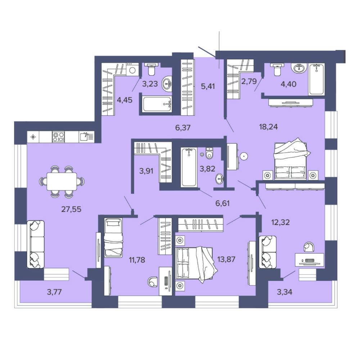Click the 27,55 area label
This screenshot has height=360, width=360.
click(x=71, y=210)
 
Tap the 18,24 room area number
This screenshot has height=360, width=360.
click(x=269, y=127)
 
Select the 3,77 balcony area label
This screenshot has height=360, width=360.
click(x=54, y=292)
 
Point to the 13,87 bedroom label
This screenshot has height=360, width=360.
click(x=226, y=260)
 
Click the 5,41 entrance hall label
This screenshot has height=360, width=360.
click(x=208, y=86)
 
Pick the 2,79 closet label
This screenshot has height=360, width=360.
click(x=249, y=81)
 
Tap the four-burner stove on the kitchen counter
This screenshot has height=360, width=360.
click(x=58, y=137)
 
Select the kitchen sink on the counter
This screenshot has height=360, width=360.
click(x=87, y=136)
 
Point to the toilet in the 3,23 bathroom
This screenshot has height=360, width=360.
click(x=152, y=69)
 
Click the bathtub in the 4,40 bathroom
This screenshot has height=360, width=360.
click(x=316, y=79)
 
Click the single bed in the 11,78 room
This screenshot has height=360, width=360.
click(x=113, y=238)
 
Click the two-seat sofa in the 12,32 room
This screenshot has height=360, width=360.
click(x=267, y=252)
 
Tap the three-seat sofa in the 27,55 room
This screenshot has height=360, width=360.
click(x=35, y=244)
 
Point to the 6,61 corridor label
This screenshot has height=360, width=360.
click(x=222, y=203)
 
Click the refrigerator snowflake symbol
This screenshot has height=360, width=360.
click(x=33, y=137)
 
